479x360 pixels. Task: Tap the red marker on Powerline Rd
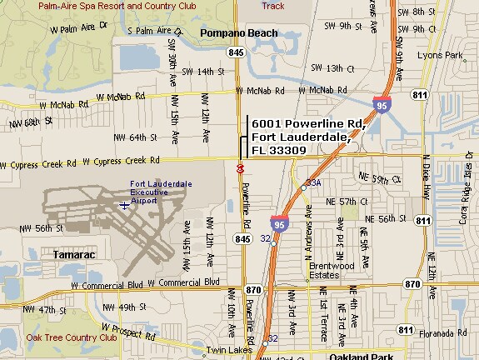[240, 168]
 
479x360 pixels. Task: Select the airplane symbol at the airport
[124, 205]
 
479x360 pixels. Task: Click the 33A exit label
[314, 182]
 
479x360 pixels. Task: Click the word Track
[273, 5]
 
